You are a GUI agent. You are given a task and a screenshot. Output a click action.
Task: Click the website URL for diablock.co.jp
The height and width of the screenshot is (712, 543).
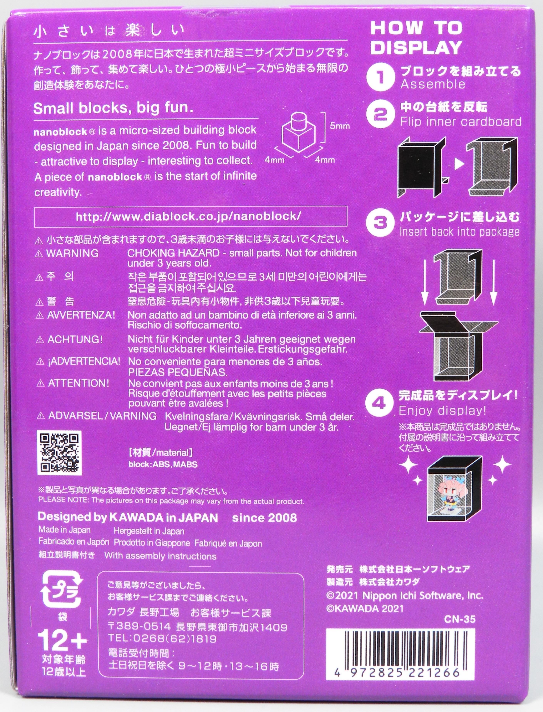[x=188, y=216]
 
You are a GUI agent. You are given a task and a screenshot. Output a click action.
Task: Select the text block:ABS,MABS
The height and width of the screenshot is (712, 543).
[x=163, y=464]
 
